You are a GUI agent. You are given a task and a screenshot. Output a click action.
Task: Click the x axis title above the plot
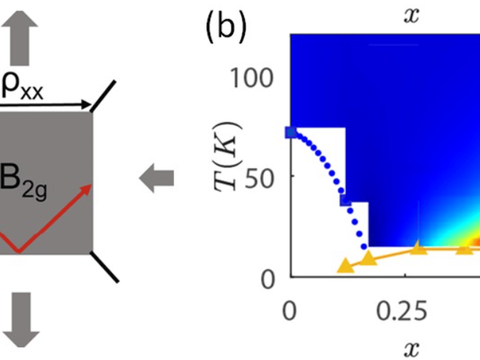(x=411, y=16)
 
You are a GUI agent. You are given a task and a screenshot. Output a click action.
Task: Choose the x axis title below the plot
(x=411, y=346)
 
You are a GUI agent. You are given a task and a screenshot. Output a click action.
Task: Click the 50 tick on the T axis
(x=265, y=176)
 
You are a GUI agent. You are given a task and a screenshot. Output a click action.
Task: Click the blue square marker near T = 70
(x=292, y=133)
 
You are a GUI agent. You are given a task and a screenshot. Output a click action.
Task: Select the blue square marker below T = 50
(x=346, y=200)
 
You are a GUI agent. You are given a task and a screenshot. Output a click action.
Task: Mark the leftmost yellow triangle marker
(x=345, y=266)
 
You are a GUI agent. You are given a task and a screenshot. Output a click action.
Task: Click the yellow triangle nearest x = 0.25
(x=419, y=248)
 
